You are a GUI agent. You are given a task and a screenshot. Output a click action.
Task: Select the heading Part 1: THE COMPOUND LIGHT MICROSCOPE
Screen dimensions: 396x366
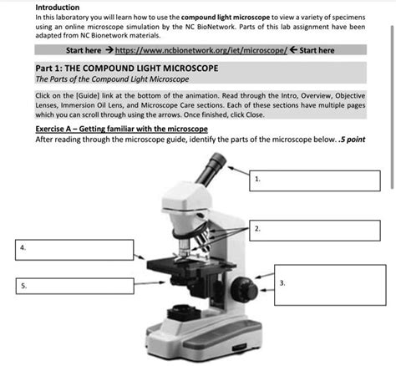click(x=114, y=67)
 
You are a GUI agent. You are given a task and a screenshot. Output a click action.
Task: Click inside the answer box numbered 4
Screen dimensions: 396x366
click(x=74, y=248)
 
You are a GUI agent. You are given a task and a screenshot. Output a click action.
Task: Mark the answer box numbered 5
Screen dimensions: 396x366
click(x=74, y=287)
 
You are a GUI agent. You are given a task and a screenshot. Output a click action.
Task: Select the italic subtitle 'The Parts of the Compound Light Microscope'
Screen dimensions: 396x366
click(x=112, y=79)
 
